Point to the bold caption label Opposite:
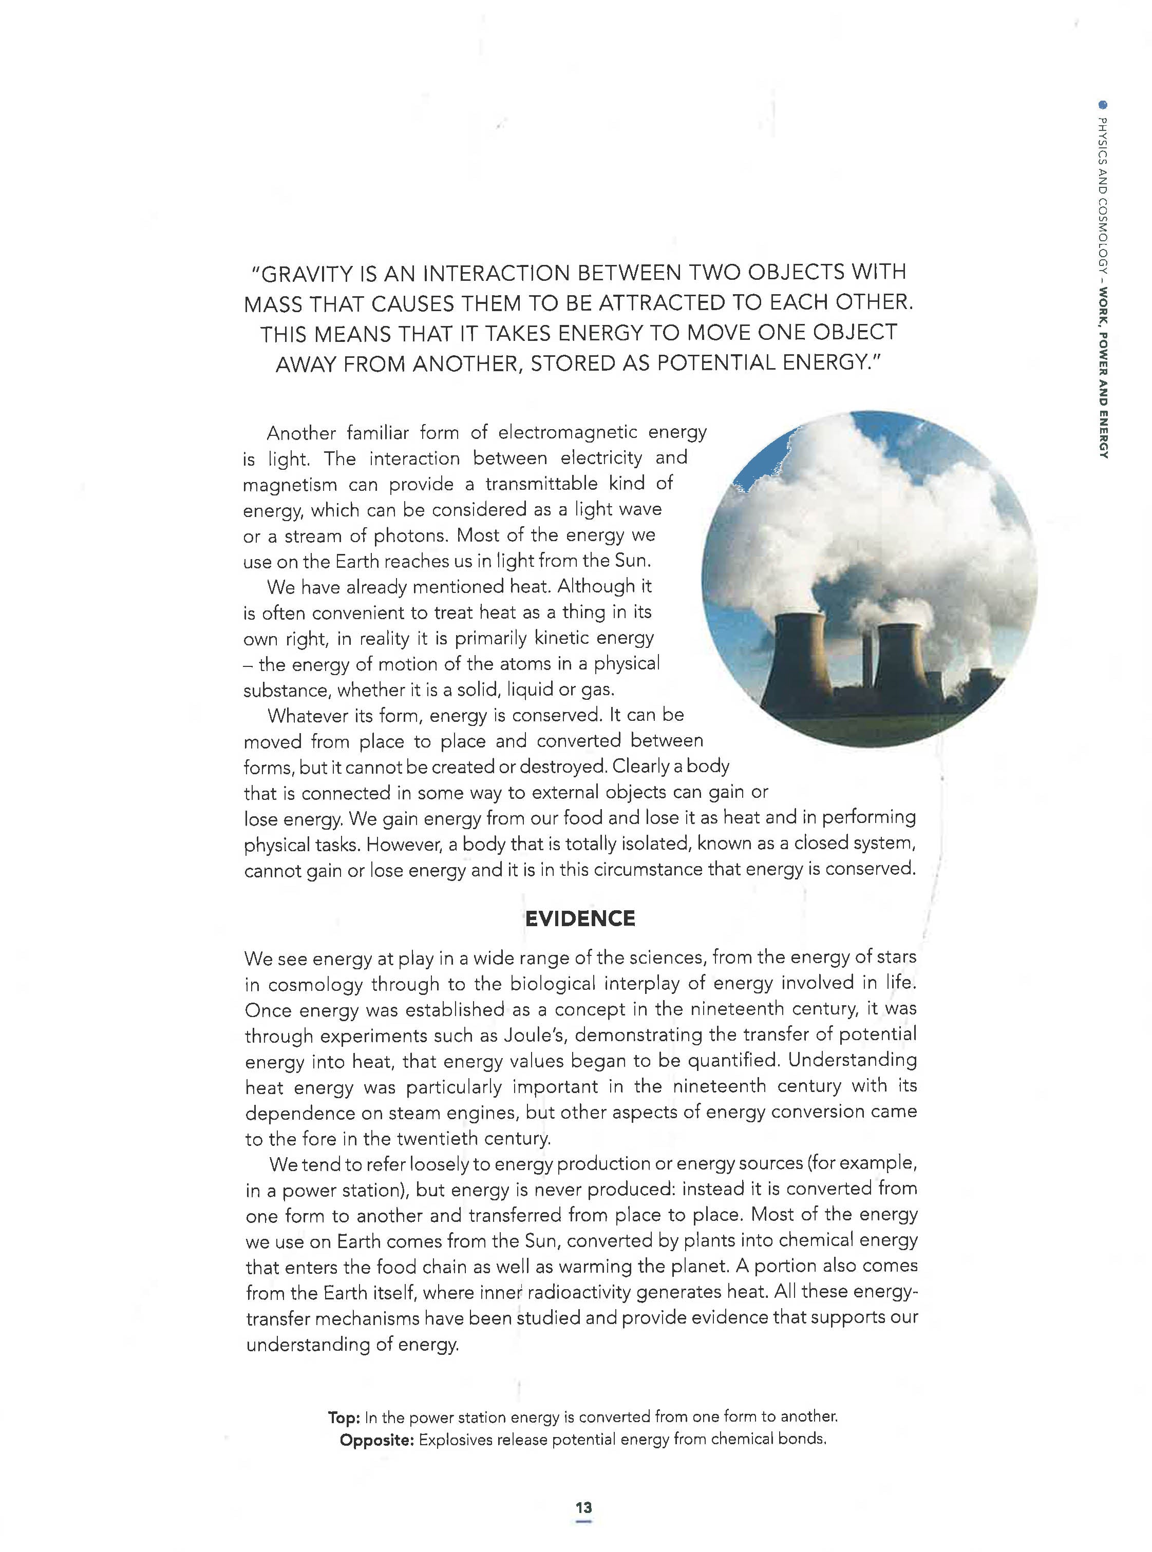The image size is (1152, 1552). point(376,1440)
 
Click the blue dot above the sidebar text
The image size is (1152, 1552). point(1103,106)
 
